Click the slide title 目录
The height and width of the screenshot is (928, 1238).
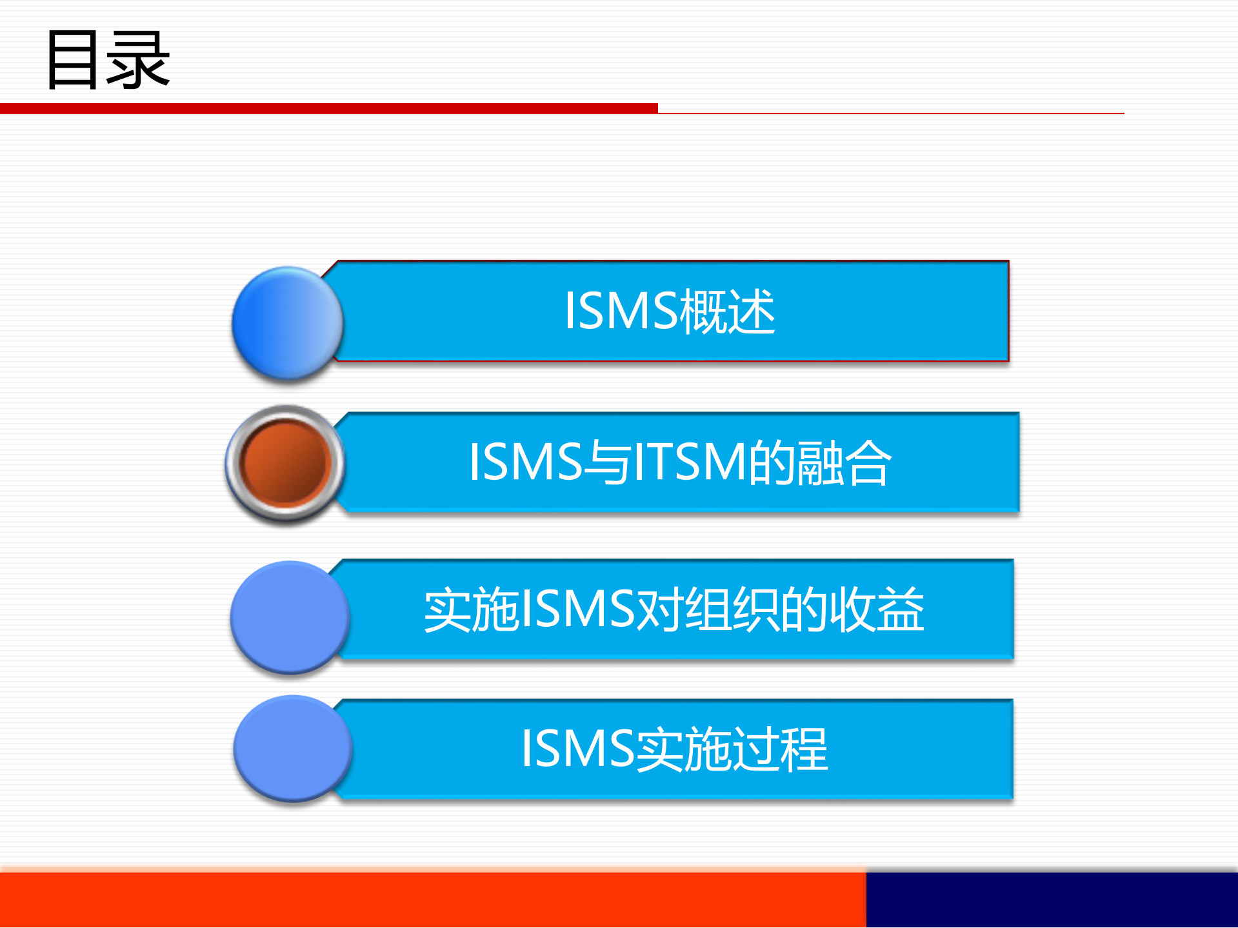click(108, 59)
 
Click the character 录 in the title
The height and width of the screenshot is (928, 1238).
click(138, 61)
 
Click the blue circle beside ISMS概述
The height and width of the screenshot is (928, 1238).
click(288, 322)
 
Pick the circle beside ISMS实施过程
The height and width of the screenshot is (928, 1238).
click(292, 748)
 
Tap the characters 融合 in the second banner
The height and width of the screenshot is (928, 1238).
click(844, 462)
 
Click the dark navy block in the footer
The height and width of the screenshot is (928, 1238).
click(1052, 900)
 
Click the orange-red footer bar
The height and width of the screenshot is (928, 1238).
click(432, 900)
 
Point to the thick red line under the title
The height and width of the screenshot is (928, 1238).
click(329, 108)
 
